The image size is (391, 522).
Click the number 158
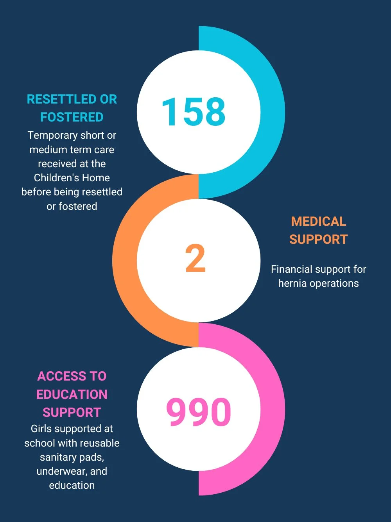pyautogui.click(x=194, y=112)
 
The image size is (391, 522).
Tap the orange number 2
pyautogui.click(x=195, y=259)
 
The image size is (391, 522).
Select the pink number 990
pyautogui.click(x=199, y=412)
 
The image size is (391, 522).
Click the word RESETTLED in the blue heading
pyautogui.click(x=62, y=99)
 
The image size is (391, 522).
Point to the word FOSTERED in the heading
pyautogui.click(x=72, y=117)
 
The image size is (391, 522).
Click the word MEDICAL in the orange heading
pyautogui.click(x=318, y=222)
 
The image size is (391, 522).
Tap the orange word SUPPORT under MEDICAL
pyautogui.click(x=318, y=240)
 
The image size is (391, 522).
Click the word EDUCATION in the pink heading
pyautogui.click(x=72, y=394)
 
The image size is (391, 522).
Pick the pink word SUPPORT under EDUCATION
pyautogui.click(x=72, y=413)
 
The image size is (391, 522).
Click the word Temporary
pyautogui.click(x=52, y=136)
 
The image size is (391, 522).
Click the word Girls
pyautogui.click(x=41, y=429)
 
